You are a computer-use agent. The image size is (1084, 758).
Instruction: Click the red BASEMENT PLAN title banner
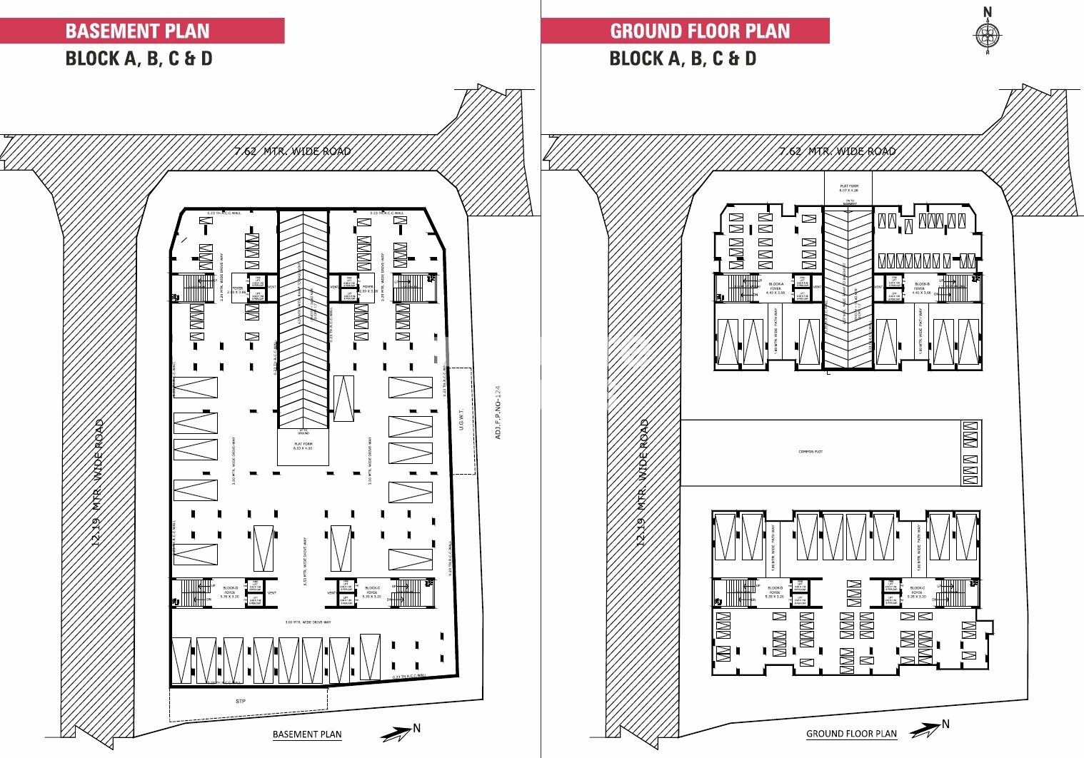[141, 31]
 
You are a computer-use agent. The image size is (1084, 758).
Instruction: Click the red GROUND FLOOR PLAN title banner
[686, 31]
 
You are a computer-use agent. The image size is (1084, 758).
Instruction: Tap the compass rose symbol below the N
[988, 34]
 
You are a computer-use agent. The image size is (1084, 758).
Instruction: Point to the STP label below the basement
[241, 702]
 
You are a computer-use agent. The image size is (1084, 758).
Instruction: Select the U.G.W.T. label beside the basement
[462, 420]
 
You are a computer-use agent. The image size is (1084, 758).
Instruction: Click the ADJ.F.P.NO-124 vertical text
[498, 413]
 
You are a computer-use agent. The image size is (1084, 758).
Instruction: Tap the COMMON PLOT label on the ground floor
[811, 452]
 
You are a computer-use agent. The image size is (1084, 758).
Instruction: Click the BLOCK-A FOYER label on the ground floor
[776, 288]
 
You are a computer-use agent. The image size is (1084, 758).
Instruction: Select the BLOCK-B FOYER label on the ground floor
[922, 288]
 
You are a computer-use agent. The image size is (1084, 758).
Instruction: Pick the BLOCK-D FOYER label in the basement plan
[230, 592]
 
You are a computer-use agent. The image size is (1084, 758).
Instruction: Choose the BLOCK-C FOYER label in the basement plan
[372, 592]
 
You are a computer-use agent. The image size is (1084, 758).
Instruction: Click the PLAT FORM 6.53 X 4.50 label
[303, 446]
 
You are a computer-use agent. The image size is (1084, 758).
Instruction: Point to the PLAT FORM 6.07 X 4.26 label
[849, 188]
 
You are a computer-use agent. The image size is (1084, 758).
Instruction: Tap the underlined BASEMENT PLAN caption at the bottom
[307, 734]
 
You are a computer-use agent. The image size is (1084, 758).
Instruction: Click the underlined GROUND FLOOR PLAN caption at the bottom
[851, 734]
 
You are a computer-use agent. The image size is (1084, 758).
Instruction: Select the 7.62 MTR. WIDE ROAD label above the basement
[293, 151]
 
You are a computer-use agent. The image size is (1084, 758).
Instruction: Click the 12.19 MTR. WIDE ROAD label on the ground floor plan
[643, 483]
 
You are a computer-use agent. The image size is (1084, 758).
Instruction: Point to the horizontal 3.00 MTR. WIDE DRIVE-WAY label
[308, 622]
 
